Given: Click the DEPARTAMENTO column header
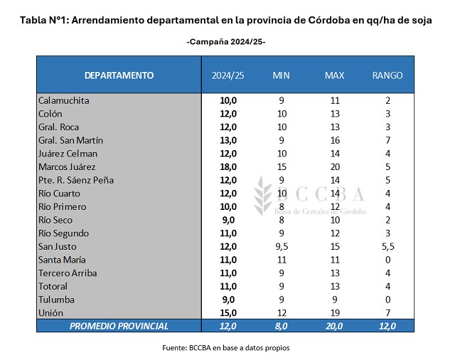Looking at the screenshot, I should click(119, 75).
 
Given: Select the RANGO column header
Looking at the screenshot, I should click(387, 75).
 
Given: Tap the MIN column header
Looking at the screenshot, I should click(282, 75).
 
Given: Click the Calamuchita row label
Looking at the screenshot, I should click(64, 100).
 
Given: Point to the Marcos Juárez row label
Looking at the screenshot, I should click(68, 166).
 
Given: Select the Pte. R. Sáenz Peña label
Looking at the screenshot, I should click(75, 180).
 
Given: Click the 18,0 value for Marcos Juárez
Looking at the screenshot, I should click(228, 166).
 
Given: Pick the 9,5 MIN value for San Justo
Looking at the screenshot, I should click(282, 246).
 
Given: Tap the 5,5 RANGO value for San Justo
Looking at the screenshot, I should click(387, 246).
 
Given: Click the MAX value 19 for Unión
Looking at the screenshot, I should click(334, 312).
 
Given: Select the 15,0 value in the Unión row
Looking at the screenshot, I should click(228, 312).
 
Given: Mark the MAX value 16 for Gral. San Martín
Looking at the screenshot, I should click(334, 140).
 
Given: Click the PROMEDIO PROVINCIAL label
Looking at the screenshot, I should click(119, 326).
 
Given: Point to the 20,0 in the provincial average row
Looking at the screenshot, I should click(334, 326).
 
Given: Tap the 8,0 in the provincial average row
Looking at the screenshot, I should click(282, 326).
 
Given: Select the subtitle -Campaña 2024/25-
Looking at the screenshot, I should click(226, 42).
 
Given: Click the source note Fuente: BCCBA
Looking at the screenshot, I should click(226, 348).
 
